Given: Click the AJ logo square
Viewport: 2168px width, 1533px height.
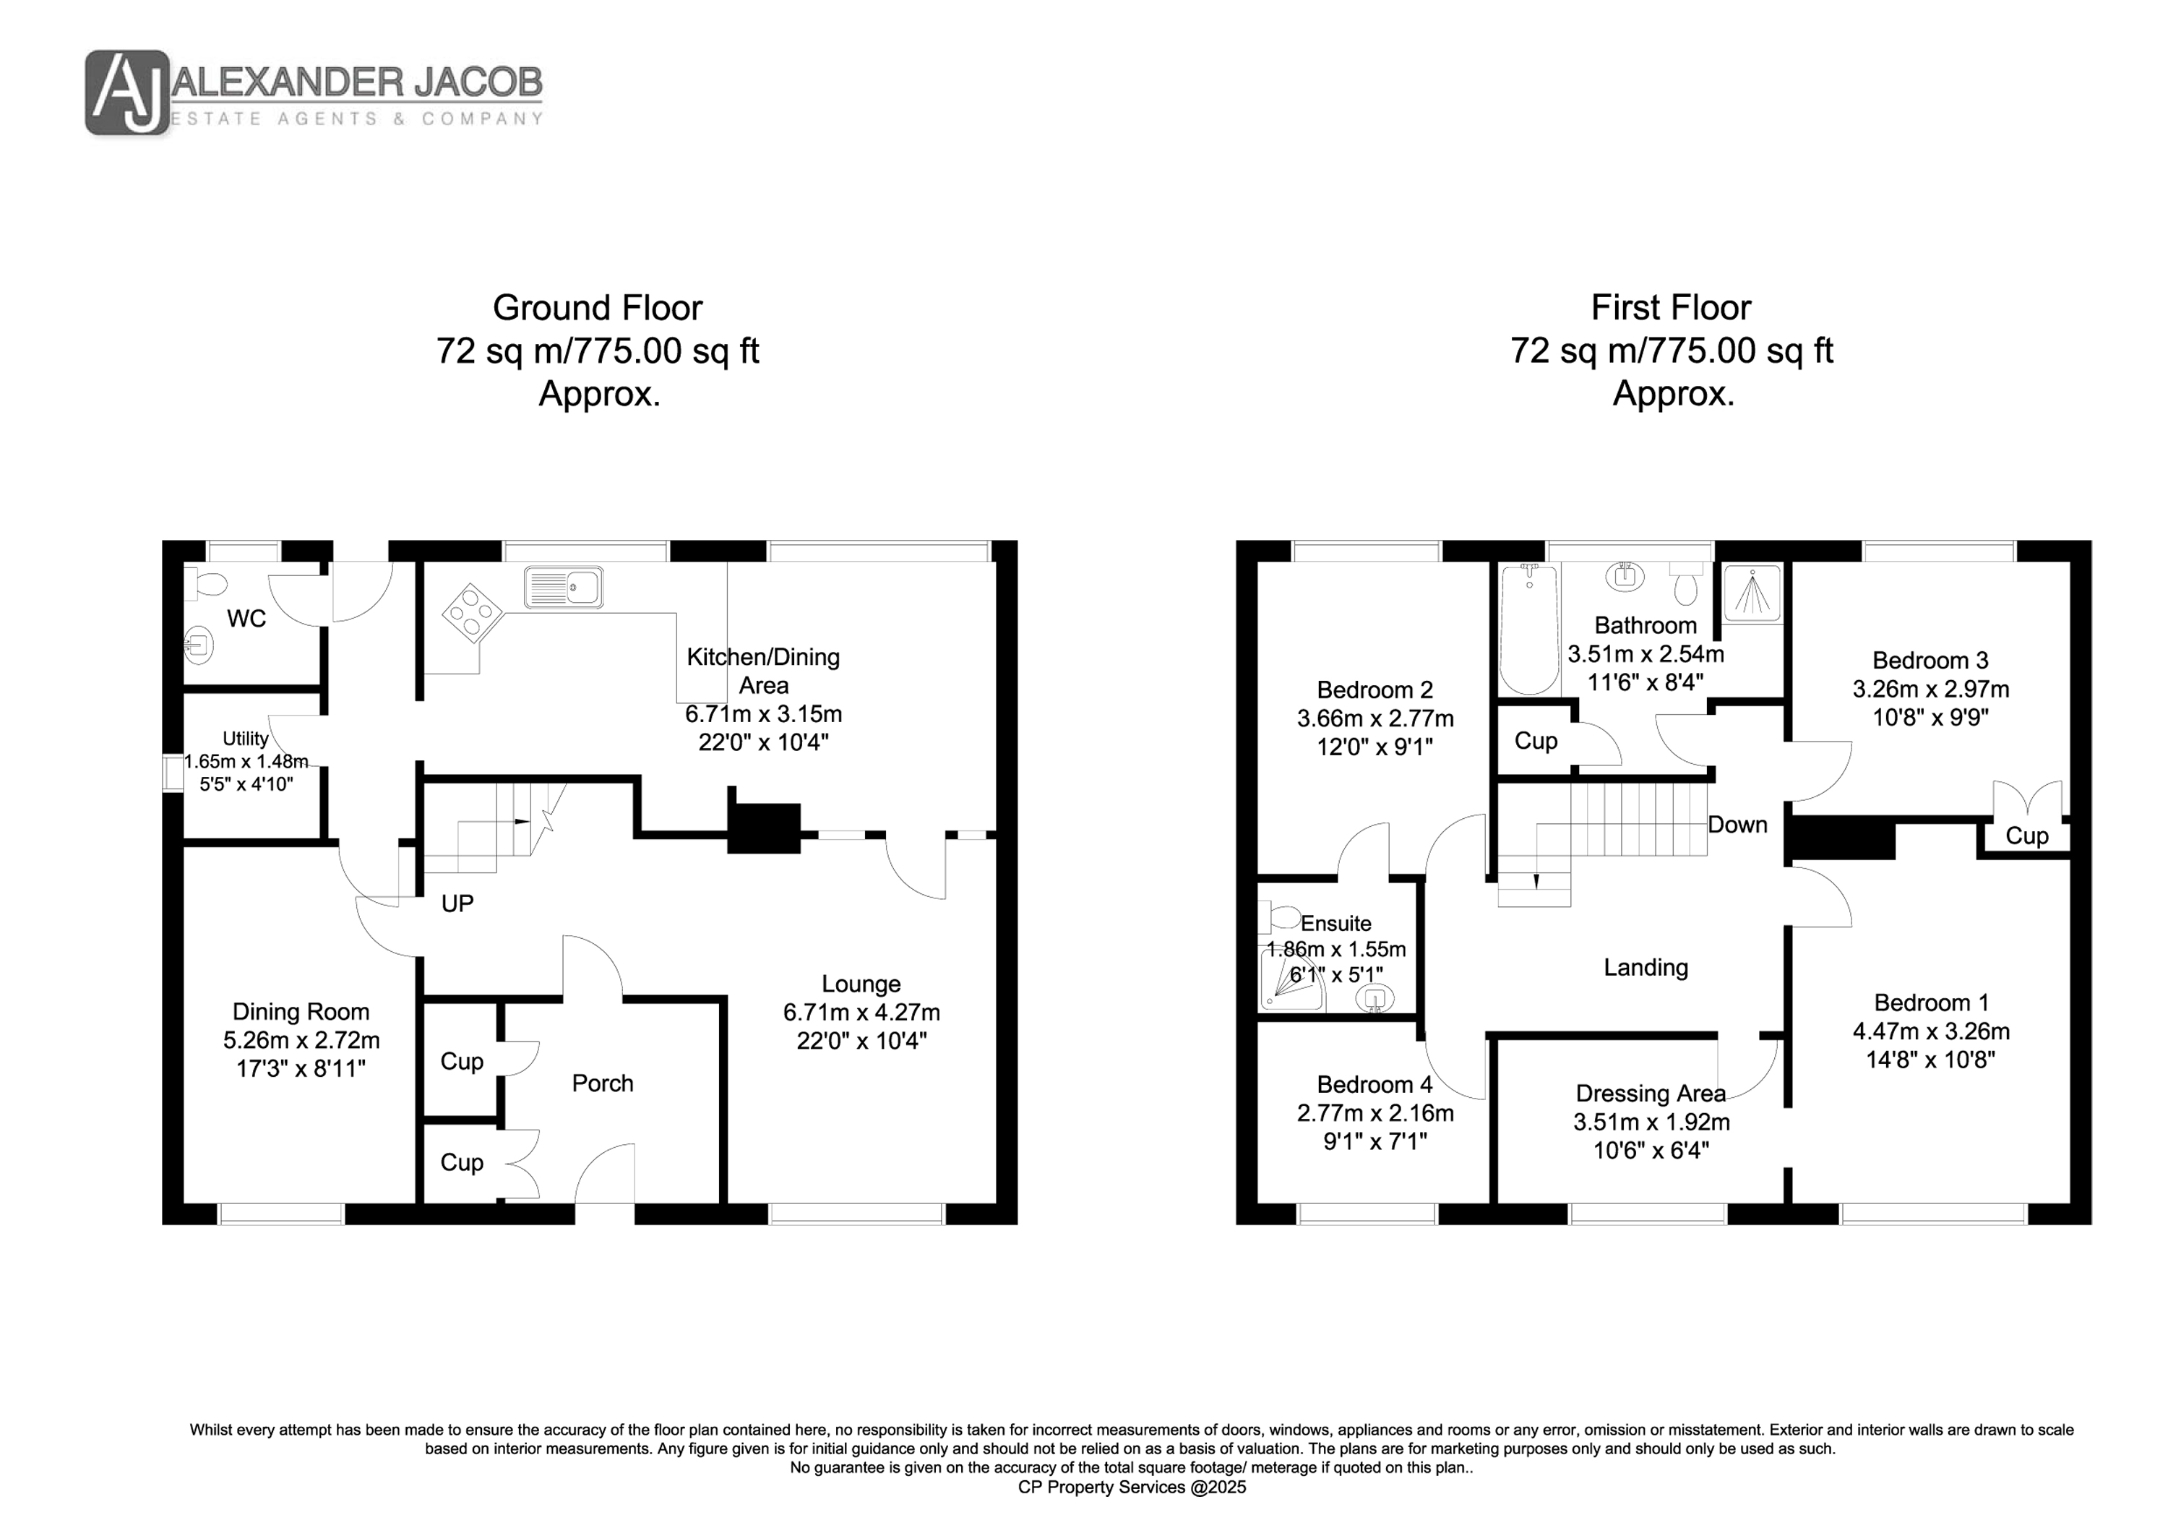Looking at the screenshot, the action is click(x=127, y=93).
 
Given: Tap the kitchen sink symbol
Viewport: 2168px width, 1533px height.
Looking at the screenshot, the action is click(x=564, y=587).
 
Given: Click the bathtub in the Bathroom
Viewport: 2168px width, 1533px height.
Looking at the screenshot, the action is click(x=1528, y=629).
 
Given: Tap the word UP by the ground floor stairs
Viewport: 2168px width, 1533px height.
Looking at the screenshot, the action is click(x=458, y=904).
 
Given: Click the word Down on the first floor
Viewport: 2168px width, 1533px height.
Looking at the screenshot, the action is click(x=1737, y=825).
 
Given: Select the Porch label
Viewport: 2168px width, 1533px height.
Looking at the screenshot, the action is click(x=603, y=1083).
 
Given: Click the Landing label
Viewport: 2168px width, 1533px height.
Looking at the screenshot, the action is click(x=1646, y=967).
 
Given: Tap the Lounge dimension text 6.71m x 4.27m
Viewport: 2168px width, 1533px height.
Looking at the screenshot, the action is click(x=861, y=1013).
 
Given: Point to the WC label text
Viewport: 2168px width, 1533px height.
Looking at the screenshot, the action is click(x=246, y=619).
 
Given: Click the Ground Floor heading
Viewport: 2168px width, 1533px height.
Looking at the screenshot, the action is click(x=598, y=308).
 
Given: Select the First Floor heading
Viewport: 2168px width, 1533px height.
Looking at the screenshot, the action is click(x=1672, y=308).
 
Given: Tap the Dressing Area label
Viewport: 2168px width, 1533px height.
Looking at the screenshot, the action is click(x=1651, y=1094).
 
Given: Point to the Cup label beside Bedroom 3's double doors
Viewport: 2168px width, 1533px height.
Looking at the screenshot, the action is click(x=2027, y=836).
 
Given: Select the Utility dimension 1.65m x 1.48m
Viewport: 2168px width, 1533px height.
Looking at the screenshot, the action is click(x=246, y=761).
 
